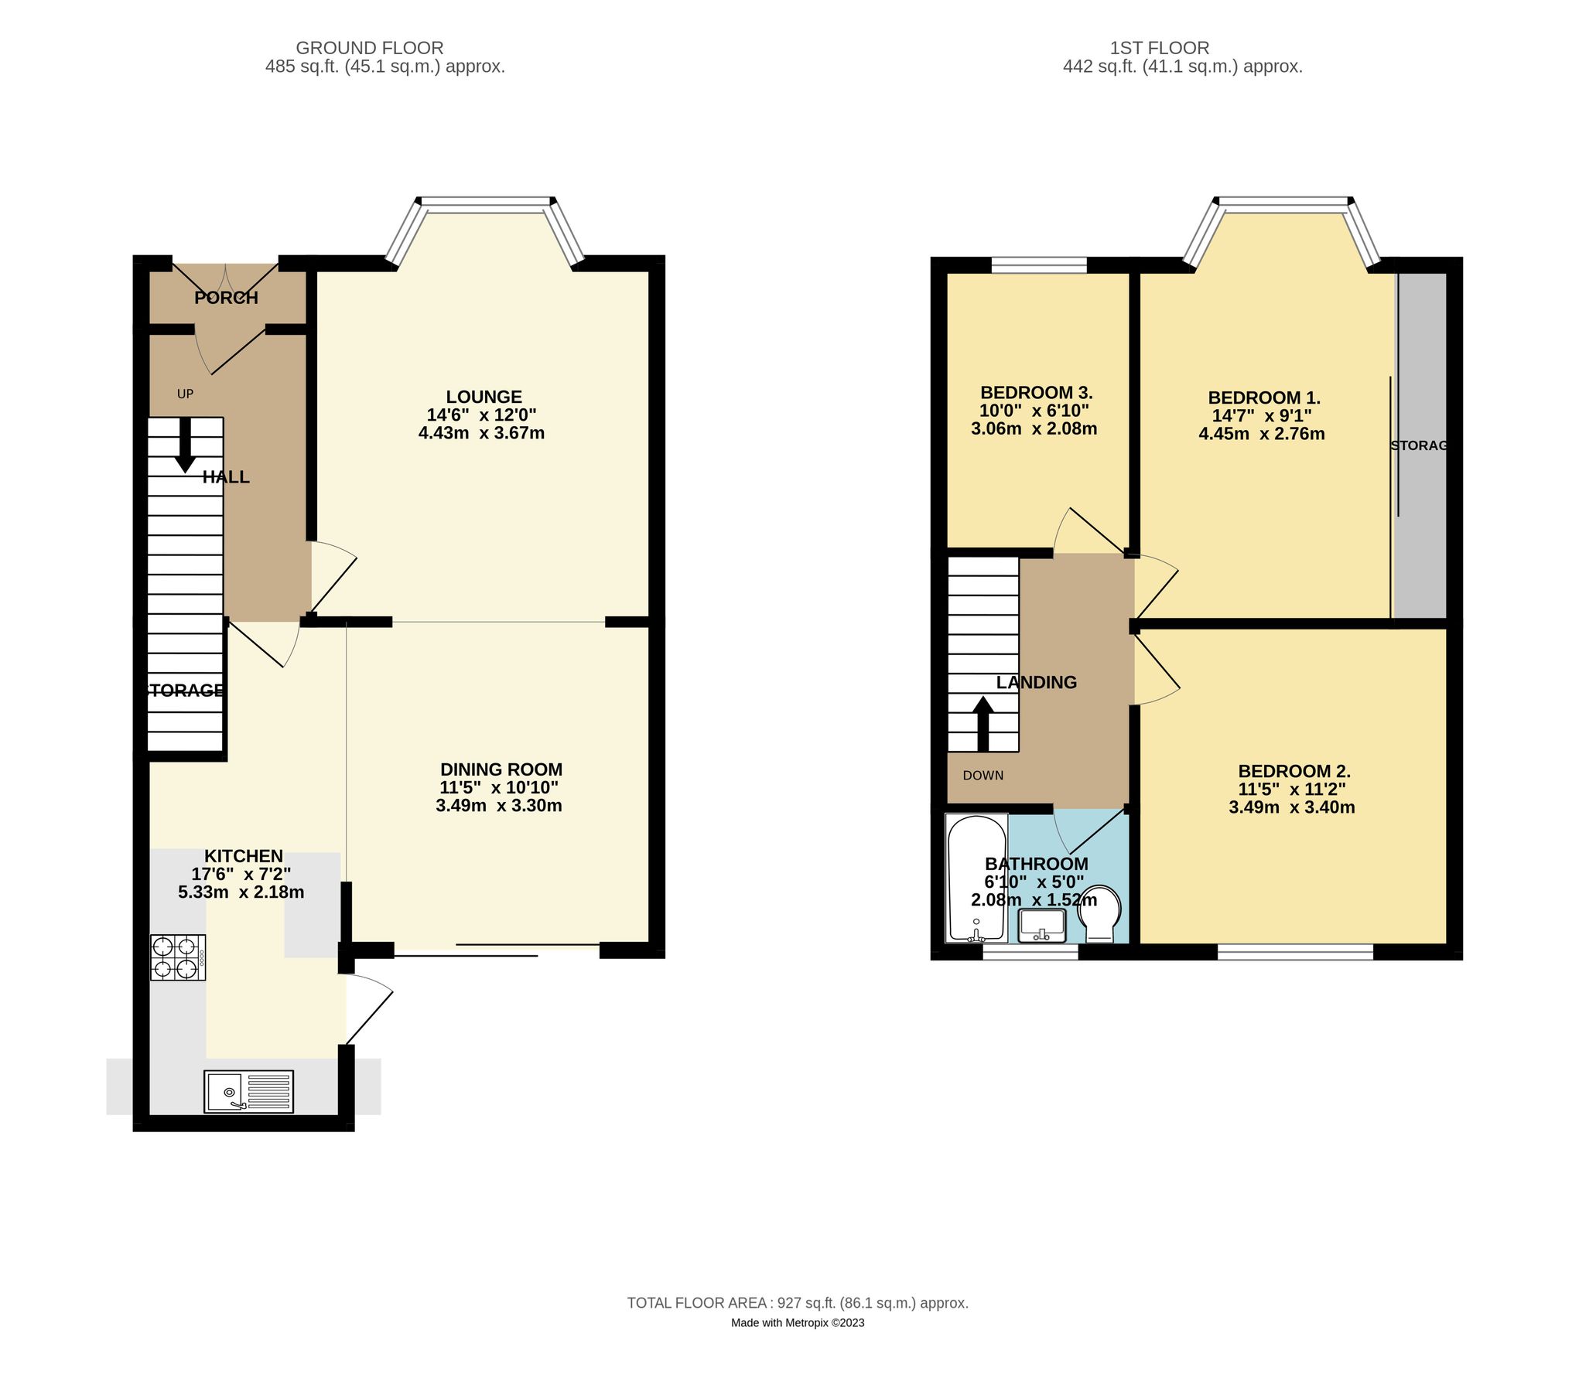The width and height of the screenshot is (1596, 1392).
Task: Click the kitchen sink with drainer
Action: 249,1090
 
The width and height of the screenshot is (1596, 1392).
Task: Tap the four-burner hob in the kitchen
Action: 178,958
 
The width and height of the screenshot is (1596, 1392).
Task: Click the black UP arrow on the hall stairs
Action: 185,445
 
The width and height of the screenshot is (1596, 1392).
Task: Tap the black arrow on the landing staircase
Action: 983,723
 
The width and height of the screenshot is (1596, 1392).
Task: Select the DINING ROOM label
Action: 501,769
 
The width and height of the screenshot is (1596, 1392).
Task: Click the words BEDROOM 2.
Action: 1294,771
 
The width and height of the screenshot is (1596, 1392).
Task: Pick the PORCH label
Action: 226,298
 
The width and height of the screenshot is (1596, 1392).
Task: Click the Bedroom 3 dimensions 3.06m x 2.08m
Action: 1034,428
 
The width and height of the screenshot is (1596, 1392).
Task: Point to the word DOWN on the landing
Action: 983,775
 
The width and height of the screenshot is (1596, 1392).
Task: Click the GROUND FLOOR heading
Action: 369,48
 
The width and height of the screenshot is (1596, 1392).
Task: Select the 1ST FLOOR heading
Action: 1181,48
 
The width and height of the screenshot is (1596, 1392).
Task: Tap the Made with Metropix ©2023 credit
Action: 797,1323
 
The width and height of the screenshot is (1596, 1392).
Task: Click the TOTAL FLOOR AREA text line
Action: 797,1303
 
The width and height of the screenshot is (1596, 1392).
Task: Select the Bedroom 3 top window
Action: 1039,266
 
